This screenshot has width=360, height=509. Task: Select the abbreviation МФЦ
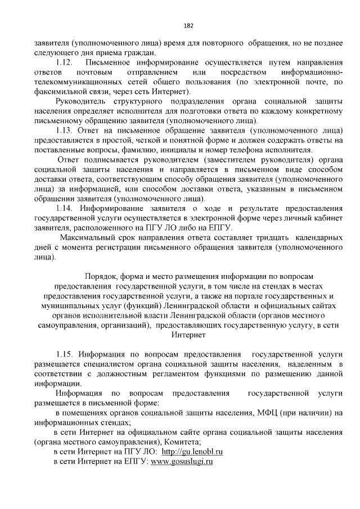270,412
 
